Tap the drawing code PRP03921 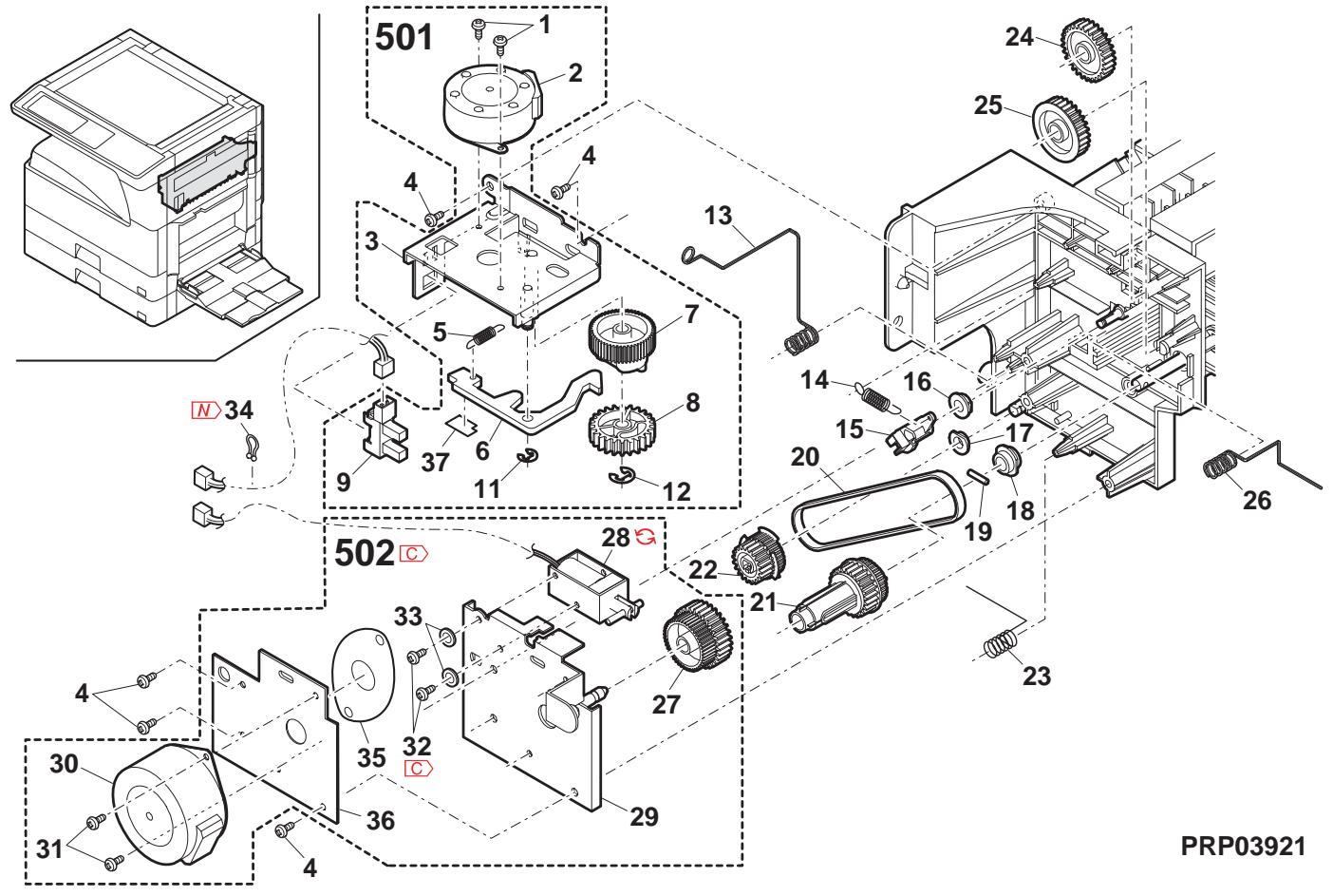click(x=1243, y=846)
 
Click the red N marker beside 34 click(x=204, y=410)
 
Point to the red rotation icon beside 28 click(x=647, y=538)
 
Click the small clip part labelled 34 click(x=251, y=446)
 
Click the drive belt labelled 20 click(x=873, y=513)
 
